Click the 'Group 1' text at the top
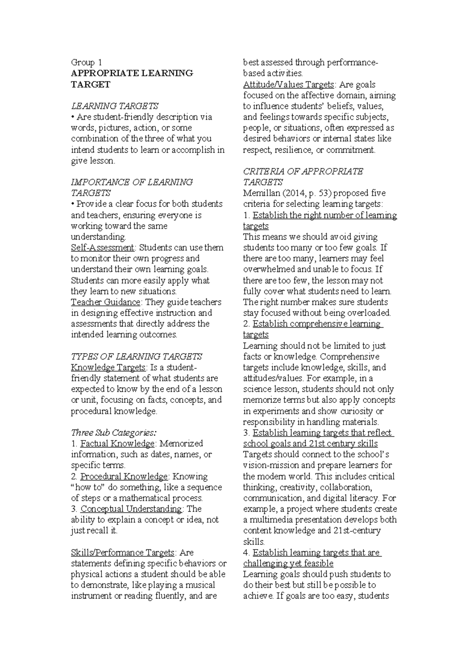87,62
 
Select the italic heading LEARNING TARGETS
114,106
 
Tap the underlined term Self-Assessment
103,247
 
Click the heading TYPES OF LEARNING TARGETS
136,356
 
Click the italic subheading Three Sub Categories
114,433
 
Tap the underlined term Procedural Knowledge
124,476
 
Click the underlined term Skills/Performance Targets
123,552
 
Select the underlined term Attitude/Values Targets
289,84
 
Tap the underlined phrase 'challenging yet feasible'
288,563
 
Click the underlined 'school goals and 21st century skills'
310,444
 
